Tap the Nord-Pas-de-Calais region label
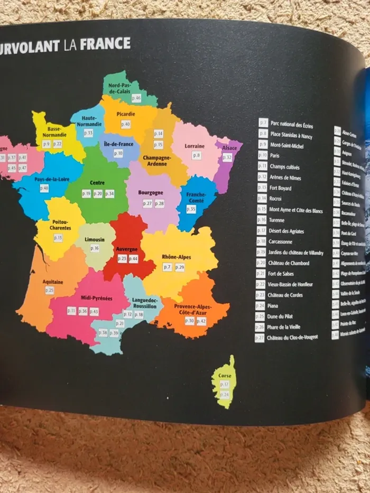120,88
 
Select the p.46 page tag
136,98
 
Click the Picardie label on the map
126,114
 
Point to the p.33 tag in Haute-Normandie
88,133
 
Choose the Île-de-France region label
118,143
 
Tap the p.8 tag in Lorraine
196,155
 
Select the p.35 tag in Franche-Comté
191,209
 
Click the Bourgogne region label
151,193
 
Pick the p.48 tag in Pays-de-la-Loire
44,188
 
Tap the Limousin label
94,239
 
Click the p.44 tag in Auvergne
133,258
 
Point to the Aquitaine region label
52,282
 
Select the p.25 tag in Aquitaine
50,290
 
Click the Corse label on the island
225,376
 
